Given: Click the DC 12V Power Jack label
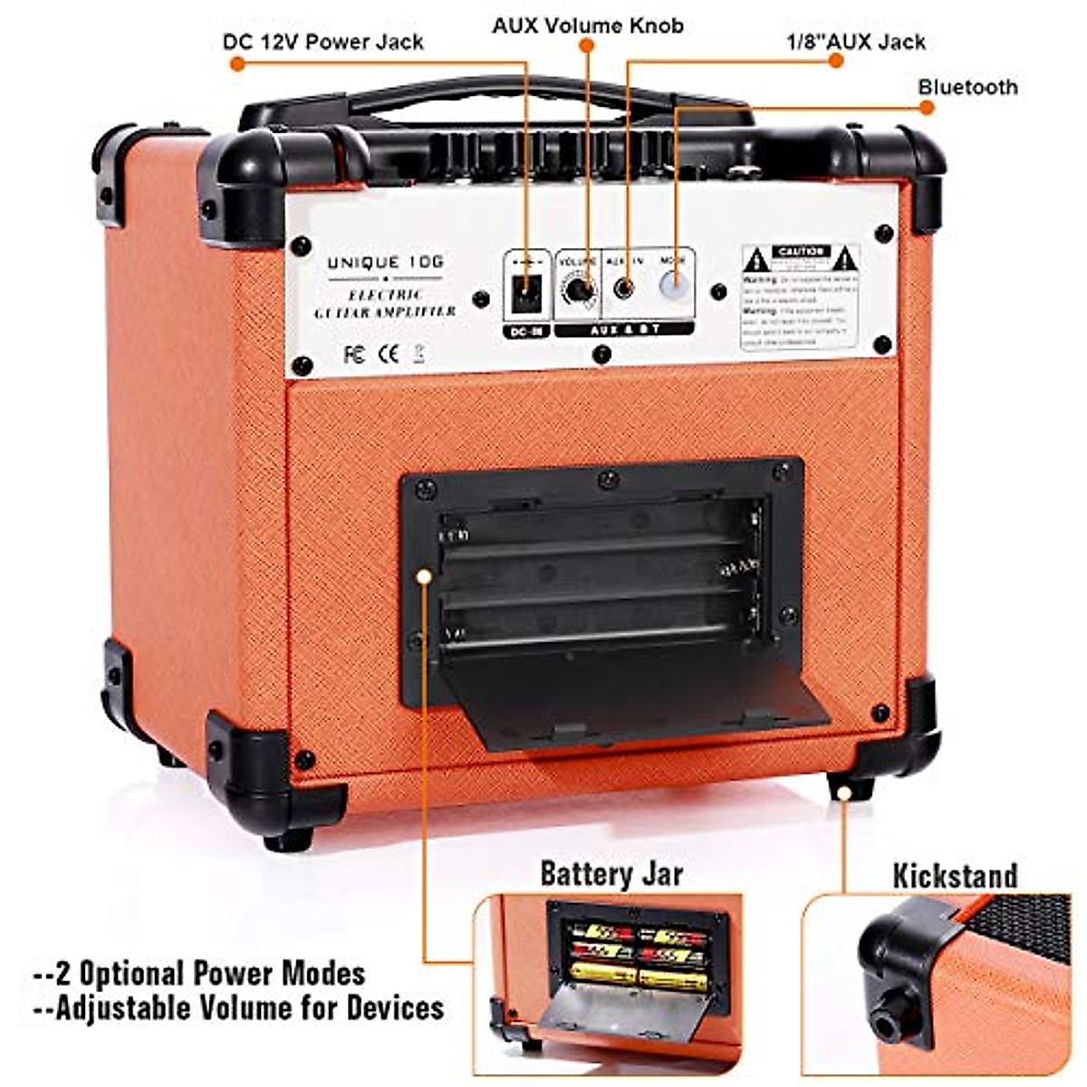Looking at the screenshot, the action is point(322,42).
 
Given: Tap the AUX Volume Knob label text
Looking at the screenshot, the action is point(587,24).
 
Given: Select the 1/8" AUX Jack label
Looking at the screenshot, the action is point(855,42).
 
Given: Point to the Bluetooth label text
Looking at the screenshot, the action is point(967,87).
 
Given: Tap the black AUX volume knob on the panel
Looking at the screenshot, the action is point(578,292).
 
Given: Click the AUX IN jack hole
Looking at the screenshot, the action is point(623,289).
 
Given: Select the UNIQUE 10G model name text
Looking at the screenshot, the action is point(386,263).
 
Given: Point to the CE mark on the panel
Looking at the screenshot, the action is point(388,353).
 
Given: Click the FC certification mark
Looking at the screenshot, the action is point(355,353).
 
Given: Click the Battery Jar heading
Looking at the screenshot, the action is point(611,874).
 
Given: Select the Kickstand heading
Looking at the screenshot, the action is point(955,876).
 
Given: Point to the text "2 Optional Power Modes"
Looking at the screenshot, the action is point(199,974).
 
